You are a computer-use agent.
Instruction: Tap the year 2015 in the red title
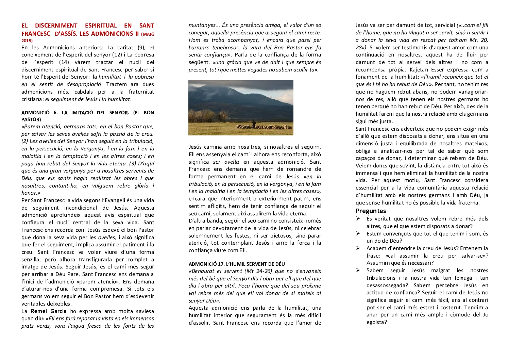[x=27, y=40]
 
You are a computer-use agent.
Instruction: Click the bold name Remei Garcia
[x=49, y=311]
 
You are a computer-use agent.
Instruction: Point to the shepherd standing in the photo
[x=253, y=124]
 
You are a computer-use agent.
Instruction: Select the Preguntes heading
[x=371, y=211]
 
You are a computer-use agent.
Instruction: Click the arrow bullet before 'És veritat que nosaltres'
[x=358, y=219]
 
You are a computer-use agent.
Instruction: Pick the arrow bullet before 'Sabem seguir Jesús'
[x=358, y=271]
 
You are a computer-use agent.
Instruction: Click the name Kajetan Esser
[x=426, y=69]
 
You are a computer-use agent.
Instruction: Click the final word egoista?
[x=377, y=322]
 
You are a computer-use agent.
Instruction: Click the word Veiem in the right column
[x=363, y=166]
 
